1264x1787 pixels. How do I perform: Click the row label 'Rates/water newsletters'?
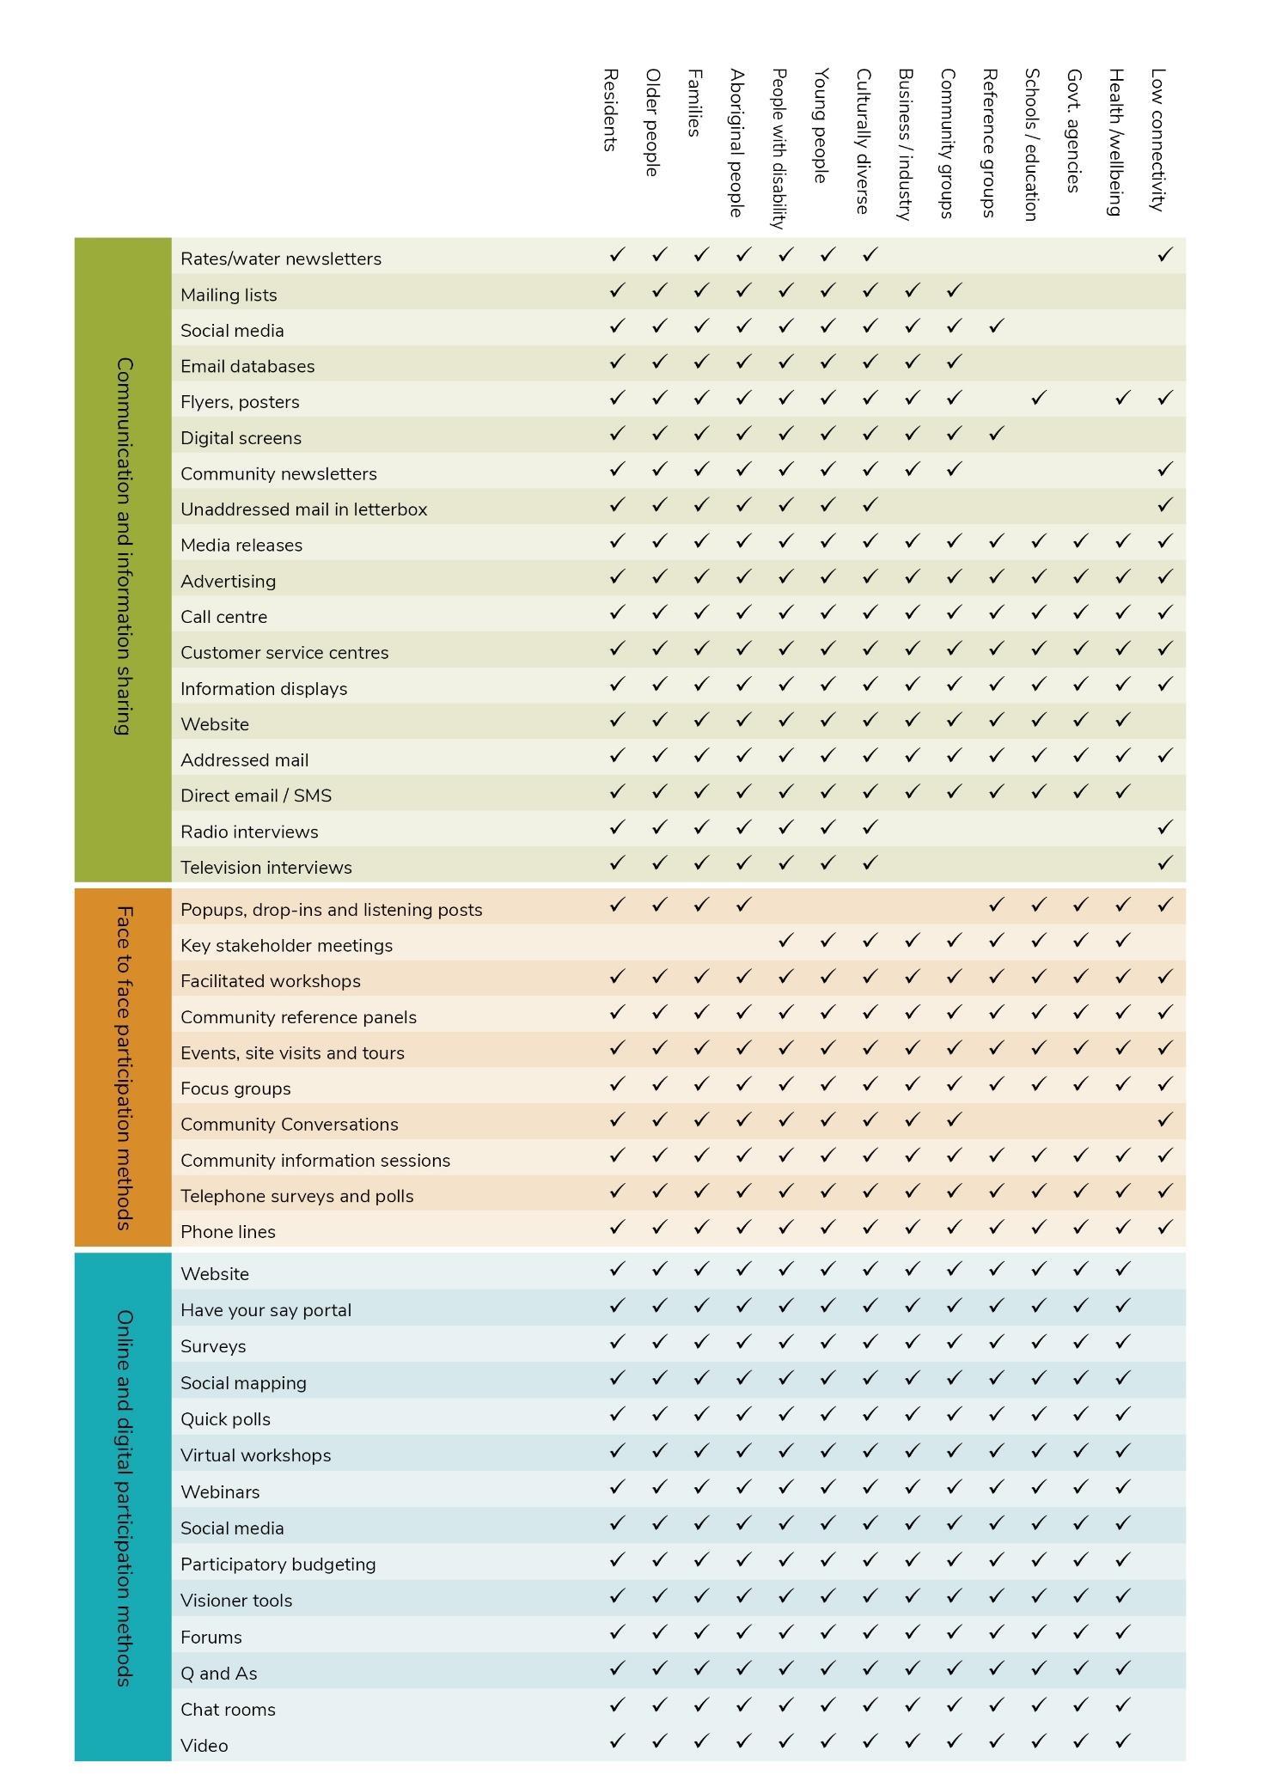coord(280,259)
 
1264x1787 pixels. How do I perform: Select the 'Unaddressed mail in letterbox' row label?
coord(303,509)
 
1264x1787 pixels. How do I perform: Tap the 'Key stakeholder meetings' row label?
coord(286,946)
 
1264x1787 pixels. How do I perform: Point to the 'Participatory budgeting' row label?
coord(278,1564)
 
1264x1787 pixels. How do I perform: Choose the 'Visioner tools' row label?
coord(236,1601)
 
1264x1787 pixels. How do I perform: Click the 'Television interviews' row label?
coord(266,868)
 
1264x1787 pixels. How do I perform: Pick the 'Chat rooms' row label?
coord(228,1710)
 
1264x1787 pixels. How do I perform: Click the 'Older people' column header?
coord(652,123)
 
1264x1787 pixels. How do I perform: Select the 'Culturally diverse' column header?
coord(864,141)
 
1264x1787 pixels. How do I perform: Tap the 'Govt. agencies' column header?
coord(1074,131)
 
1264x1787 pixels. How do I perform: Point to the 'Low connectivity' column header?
coord(1157,139)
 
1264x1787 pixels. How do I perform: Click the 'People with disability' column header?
coord(779,149)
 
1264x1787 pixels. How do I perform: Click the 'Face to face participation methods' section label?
coord(124,1067)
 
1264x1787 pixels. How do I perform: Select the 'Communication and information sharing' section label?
coord(124,546)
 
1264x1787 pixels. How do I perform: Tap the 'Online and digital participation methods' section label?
coord(124,1497)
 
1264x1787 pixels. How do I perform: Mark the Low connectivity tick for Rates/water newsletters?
coord(1164,255)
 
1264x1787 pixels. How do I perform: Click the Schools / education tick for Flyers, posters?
coord(1038,398)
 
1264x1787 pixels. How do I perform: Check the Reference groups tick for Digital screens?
coord(996,434)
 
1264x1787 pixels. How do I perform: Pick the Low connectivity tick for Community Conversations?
coord(1164,1120)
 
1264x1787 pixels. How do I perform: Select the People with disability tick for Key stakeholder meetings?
coord(785,942)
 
